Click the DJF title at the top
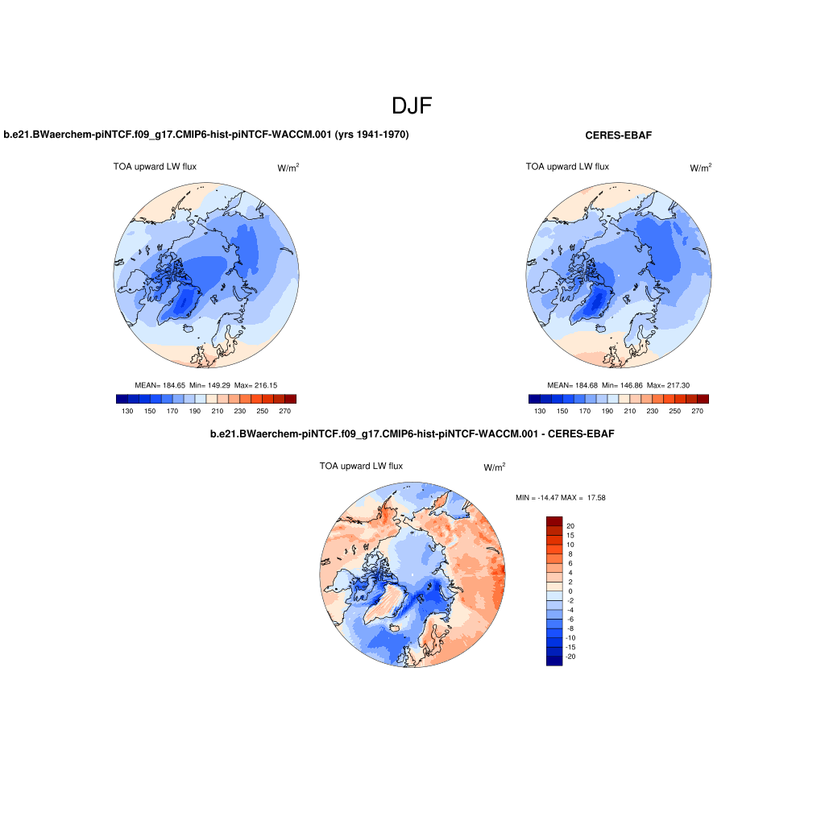(x=412, y=106)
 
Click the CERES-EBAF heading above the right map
(x=618, y=135)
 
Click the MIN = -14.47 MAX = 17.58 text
(x=560, y=498)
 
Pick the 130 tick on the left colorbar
(x=127, y=411)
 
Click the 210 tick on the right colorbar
(x=630, y=411)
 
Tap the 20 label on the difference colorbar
(x=570, y=526)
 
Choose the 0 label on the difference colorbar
(x=570, y=591)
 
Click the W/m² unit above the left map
(x=288, y=168)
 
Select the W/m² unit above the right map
(x=701, y=168)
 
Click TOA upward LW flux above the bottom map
(x=361, y=466)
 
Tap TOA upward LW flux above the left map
(x=155, y=167)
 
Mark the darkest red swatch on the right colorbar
(x=703, y=399)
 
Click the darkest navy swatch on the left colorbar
(x=122, y=399)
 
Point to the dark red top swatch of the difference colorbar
(x=553, y=521)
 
